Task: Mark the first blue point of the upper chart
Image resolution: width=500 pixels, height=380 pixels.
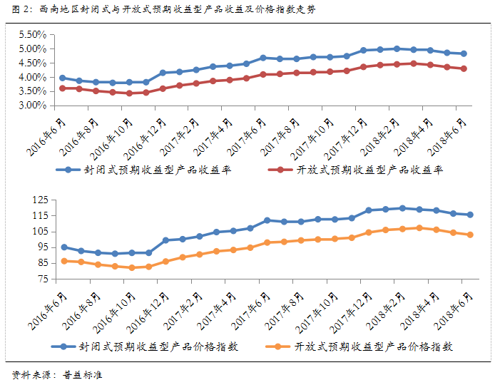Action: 63,78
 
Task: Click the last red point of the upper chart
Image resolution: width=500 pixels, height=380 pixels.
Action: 464,68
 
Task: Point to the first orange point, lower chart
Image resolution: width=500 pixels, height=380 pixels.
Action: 64,261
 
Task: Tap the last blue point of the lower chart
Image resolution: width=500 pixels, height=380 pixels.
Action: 470,215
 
